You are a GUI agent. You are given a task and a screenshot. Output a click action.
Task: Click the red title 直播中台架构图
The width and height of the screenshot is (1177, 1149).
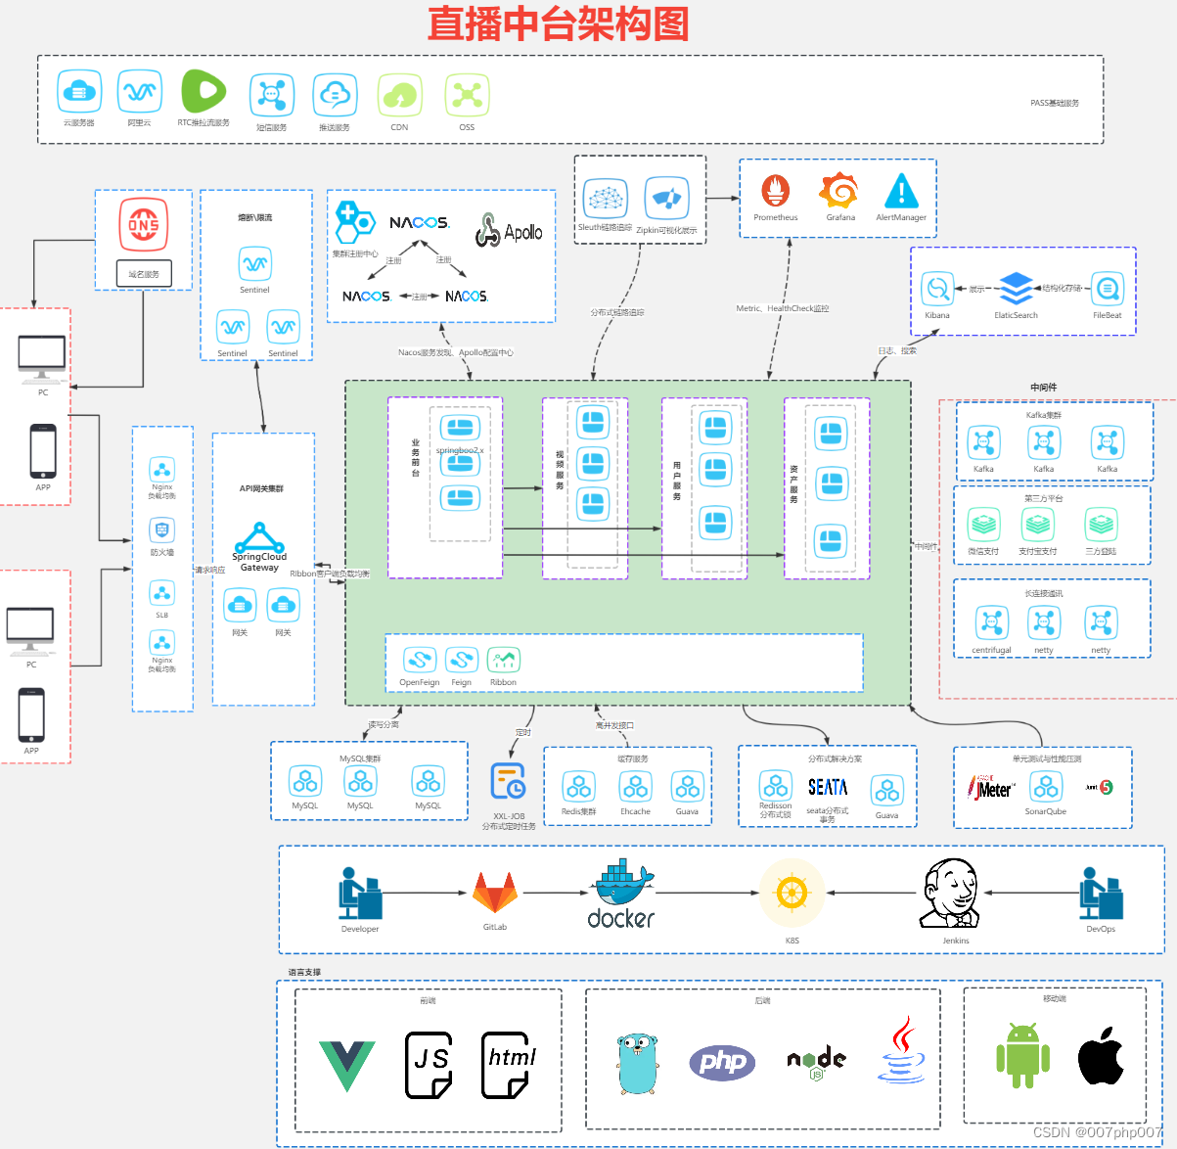pos(558,23)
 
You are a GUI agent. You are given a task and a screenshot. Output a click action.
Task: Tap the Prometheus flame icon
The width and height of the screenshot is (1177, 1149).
pos(776,191)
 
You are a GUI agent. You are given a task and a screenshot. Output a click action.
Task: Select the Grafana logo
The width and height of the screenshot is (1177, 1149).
pos(839,191)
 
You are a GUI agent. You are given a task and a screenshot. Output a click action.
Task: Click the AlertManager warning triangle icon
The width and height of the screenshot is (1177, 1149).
pos(901,191)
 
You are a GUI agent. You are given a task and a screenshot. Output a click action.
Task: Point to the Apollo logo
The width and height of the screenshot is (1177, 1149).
pos(510,232)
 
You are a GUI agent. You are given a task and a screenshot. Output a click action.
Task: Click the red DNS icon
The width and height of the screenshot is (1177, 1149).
pos(144,225)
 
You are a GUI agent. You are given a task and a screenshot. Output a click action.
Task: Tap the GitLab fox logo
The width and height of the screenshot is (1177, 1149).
pos(495,894)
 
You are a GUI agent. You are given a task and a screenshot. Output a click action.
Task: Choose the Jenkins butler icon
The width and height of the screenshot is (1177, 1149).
pos(949,893)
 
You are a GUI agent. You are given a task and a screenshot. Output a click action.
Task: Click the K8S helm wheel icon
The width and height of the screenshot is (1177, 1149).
pos(792,893)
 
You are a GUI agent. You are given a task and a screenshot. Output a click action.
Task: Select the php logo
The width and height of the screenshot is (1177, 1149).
pos(722,1062)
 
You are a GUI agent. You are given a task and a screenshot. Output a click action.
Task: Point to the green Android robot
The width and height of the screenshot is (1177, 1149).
pos(1022,1055)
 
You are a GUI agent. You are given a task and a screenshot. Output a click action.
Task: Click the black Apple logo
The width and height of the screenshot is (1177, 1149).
pos(1101,1055)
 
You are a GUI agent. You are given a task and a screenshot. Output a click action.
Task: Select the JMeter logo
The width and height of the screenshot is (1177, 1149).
pos(991,788)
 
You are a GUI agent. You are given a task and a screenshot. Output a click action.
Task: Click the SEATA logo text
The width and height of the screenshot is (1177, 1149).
pos(828,787)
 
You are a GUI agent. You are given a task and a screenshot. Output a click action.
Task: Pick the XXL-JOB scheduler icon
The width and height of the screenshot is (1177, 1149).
pos(508,781)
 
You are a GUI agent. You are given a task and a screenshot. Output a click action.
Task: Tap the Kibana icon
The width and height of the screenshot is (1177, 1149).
pos(937,289)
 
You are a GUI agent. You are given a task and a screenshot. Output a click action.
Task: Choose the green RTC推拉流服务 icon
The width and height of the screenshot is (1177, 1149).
pos(203,92)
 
